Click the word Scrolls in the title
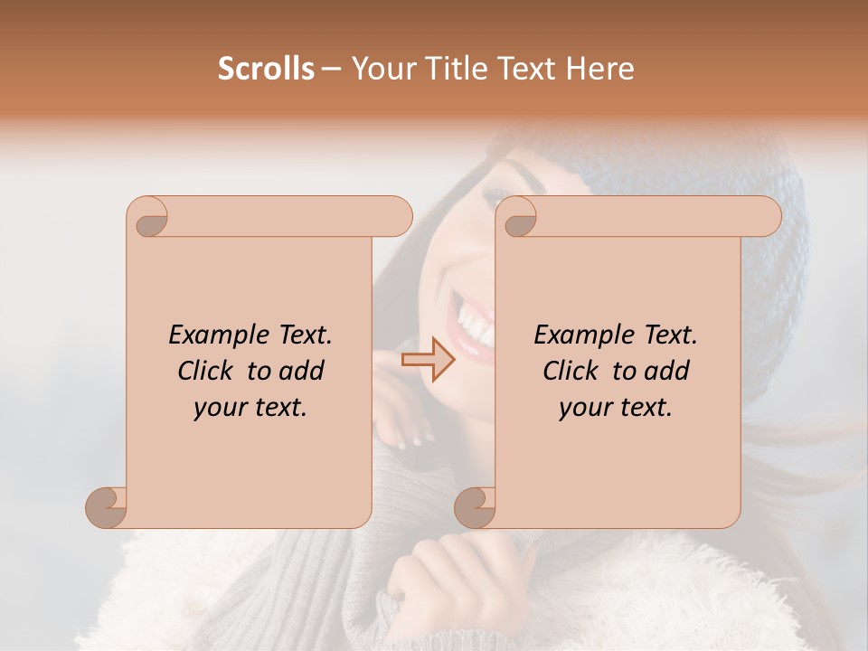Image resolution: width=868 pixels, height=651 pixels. pos(266,69)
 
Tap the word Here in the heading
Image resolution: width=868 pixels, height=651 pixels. pos(600,69)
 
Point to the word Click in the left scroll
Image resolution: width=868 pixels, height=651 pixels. pos(206,371)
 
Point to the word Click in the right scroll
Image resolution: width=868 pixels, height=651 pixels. pos(571,371)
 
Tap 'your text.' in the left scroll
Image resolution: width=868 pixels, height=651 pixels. pos(250,408)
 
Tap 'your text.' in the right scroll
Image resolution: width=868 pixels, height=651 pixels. pos(616,408)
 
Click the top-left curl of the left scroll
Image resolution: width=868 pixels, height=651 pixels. pos(147,218)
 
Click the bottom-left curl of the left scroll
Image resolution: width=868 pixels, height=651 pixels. pos(106,506)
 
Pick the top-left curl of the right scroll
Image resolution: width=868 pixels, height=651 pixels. pos(517,218)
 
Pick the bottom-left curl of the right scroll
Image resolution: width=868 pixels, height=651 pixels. pos(474,506)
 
